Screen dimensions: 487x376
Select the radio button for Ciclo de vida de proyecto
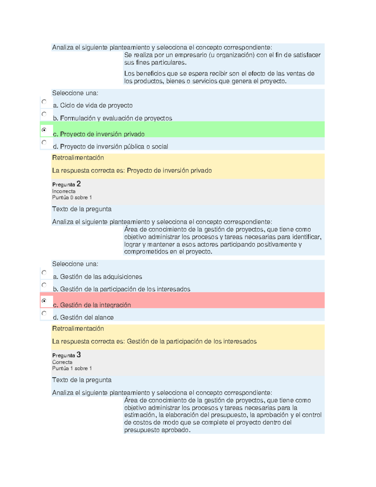pyautogui.click(x=44, y=102)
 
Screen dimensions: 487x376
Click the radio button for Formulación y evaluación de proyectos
pyautogui.click(x=44, y=114)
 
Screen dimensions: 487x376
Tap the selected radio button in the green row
pyautogui.click(x=44, y=130)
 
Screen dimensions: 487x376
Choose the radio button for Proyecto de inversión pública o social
pyautogui.click(x=44, y=142)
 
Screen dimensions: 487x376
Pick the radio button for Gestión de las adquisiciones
pyautogui.click(x=44, y=273)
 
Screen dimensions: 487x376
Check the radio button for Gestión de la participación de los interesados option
pyautogui.click(x=44, y=285)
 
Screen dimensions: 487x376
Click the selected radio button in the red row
pyautogui.click(x=44, y=301)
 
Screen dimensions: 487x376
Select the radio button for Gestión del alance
pyautogui.click(x=44, y=313)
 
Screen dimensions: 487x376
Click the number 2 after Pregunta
pyautogui.click(x=79, y=184)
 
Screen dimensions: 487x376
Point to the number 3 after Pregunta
pyautogui.click(x=79, y=355)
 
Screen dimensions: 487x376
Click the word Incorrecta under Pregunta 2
pyautogui.click(x=64, y=191)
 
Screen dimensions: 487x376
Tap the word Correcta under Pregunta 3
pyautogui.click(x=62, y=362)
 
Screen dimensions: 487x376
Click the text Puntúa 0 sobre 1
pyautogui.click(x=72, y=198)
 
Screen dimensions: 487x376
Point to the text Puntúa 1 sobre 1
pyautogui.click(x=72, y=368)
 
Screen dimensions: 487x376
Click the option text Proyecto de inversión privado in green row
pyautogui.click(x=102, y=134)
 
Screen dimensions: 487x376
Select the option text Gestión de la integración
pyautogui.click(x=95, y=305)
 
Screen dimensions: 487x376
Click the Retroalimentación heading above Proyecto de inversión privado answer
pyautogui.click(x=78, y=158)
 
